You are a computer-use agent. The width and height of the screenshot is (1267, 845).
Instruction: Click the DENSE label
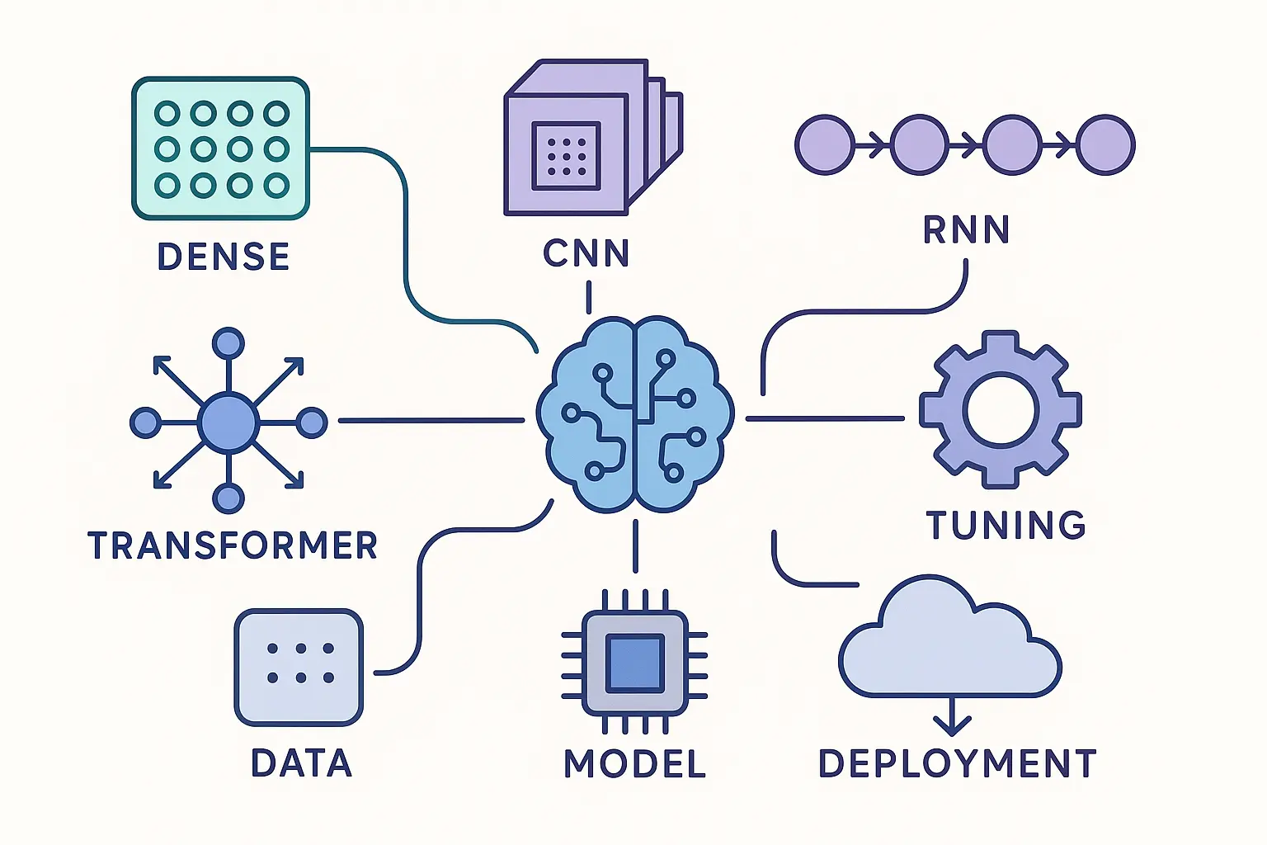[223, 257]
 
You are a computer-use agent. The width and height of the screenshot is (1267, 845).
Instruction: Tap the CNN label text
[586, 253]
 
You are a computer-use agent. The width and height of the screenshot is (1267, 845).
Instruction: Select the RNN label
[966, 229]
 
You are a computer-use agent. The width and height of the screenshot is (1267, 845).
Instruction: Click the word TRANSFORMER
[232, 545]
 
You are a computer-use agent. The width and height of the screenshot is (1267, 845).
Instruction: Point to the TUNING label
[1006, 525]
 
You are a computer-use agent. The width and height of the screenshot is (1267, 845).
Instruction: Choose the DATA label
[301, 763]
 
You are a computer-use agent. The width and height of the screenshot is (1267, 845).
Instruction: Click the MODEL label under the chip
[634, 763]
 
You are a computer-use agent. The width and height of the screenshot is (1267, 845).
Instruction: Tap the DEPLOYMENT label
[957, 763]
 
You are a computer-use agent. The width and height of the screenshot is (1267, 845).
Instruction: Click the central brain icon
[634, 415]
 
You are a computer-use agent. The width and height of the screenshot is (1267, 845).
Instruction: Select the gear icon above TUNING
[1000, 410]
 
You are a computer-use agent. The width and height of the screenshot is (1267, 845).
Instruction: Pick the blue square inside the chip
[634, 663]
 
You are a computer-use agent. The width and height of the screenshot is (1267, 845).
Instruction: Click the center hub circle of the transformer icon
[228, 422]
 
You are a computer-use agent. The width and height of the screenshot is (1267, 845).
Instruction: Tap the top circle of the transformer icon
[228, 343]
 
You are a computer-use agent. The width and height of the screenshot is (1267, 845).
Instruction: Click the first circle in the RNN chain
[824, 145]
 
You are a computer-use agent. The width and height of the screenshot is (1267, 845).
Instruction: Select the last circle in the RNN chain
[1107, 145]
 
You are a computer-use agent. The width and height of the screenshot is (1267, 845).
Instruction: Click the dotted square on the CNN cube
[566, 154]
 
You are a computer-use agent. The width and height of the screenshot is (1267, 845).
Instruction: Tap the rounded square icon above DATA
[299, 667]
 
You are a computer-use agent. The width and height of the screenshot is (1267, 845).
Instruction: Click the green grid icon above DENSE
[221, 149]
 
